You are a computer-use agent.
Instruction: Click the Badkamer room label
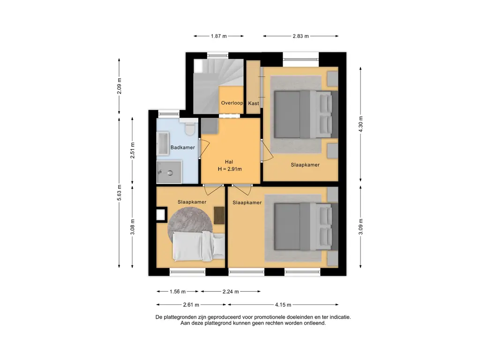(x=182, y=148)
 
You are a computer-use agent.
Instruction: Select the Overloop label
(x=232, y=103)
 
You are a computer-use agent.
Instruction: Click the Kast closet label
(x=254, y=104)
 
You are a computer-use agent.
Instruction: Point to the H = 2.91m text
(x=230, y=169)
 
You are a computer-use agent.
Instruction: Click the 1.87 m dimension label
(x=218, y=36)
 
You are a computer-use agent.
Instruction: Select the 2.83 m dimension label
(x=300, y=36)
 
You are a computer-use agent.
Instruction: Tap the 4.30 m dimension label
(x=360, y=124)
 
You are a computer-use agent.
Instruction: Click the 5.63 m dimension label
(x=119, y=193)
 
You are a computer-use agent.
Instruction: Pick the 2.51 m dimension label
(x=132, y=150)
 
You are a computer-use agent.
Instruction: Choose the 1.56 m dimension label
(x=178, y=292)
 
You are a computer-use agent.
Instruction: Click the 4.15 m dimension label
(x=283, y=305)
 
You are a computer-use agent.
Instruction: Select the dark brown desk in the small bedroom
(x=219, y=216)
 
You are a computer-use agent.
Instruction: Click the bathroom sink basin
(x=163, y=143)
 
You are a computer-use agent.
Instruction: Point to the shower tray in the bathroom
(x=169, y=172)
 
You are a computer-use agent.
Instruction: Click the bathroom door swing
(x=204, y=149)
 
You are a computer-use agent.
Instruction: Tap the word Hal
(x=229, y=162)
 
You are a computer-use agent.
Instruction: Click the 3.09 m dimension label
(x=360, y=227)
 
